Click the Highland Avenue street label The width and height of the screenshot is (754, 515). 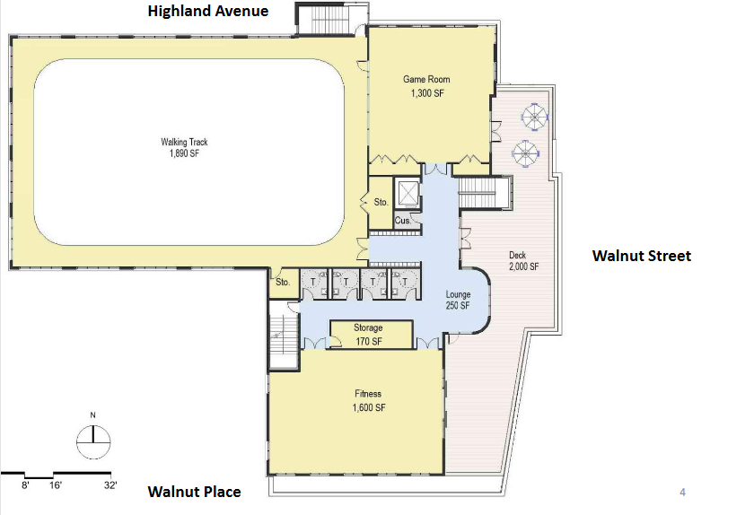[207, 11]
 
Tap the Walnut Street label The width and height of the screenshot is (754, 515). [642, 256]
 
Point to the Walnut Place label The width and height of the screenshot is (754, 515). [194, 492]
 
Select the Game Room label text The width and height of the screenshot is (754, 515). [426, 79]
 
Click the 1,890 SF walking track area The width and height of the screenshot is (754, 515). [184, 153]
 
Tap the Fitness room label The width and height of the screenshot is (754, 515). [368, 393]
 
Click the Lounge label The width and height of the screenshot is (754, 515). [458, 293]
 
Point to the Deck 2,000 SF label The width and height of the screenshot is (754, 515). [523, 260]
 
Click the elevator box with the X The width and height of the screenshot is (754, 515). [408, 194]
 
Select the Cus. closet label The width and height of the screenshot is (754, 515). [402, 220]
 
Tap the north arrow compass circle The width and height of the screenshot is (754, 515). [93, 442]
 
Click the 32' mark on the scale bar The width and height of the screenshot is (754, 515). [110, 484]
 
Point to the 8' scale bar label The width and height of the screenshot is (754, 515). [25, 484]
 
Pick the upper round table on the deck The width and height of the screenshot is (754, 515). [535, 117]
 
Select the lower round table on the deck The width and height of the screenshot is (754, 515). [525, 153]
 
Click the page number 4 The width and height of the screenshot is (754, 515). [682, 492]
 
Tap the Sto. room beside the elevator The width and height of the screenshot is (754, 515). [381, 203]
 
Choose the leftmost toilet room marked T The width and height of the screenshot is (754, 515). [314, 284]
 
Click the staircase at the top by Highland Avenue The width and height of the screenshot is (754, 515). [331, 19]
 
